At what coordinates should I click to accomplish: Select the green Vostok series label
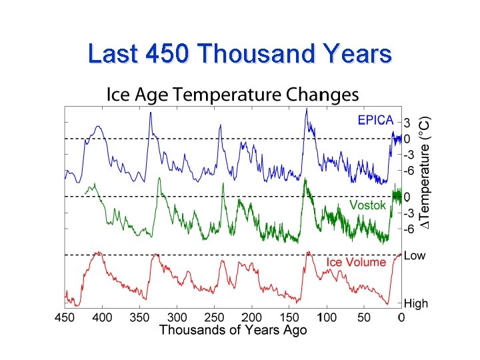367,205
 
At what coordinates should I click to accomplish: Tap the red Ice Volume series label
356,262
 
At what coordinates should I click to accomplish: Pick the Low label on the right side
415,255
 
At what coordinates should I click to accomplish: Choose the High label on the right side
416,304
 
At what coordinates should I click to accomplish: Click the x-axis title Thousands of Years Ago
233,330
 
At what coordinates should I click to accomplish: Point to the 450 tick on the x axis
65,317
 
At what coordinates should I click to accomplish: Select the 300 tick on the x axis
177,317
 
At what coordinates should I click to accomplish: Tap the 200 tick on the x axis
251,317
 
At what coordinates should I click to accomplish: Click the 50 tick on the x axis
363,317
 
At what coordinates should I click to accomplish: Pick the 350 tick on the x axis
139,317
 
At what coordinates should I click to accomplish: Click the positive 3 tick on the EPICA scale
408,123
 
